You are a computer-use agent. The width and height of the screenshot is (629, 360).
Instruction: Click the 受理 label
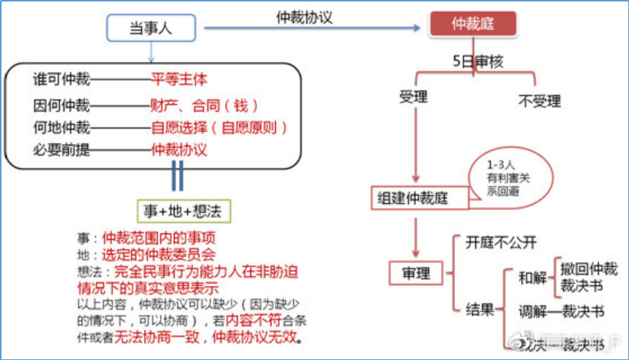coord(412,97)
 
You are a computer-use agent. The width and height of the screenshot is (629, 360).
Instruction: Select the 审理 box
coord(418,273)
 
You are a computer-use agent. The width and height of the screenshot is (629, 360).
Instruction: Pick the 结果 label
coord(480,308)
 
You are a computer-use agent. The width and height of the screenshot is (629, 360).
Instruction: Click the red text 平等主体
coord(179,78)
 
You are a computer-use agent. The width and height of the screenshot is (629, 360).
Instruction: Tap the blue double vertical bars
coord(178,175)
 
